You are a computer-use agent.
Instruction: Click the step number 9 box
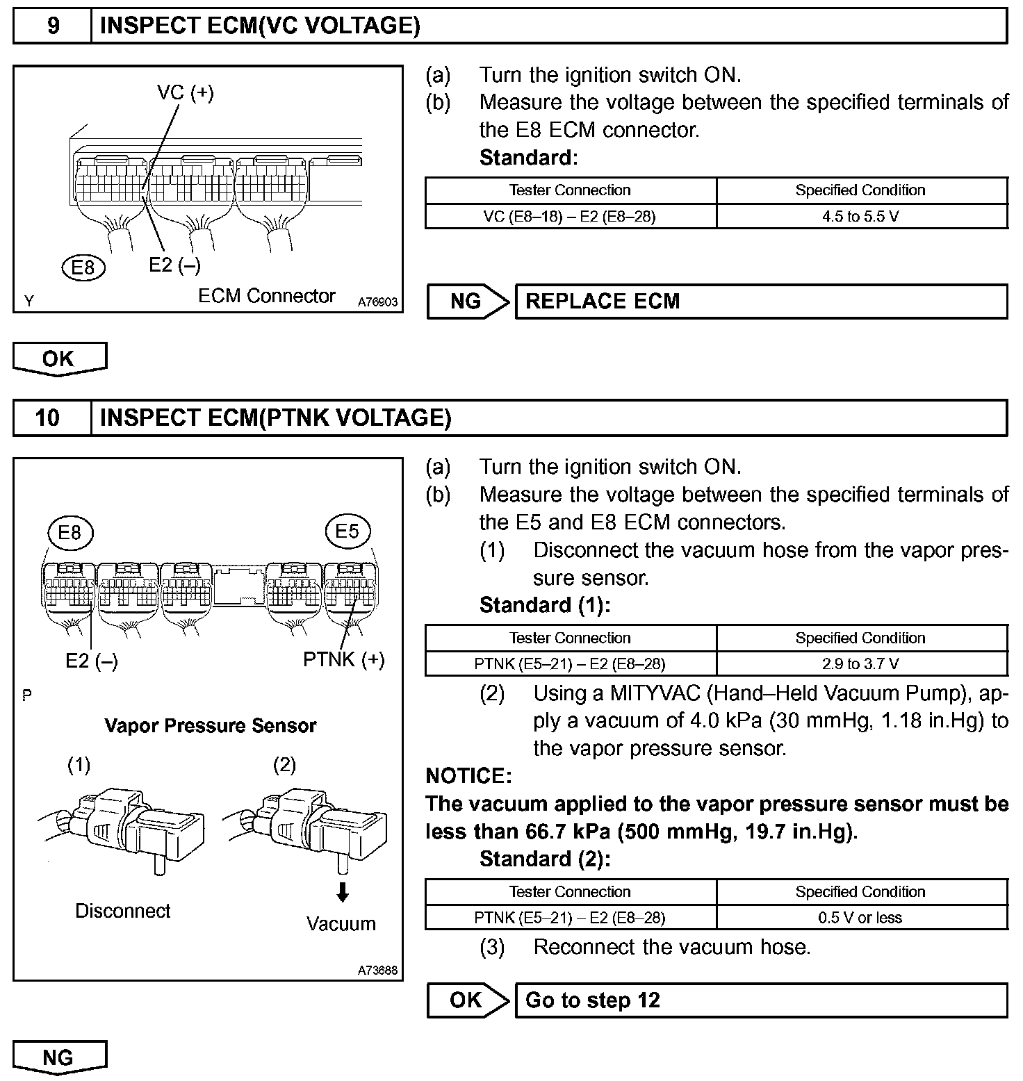pos(53,26)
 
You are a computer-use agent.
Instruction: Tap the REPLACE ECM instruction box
pos(761,302)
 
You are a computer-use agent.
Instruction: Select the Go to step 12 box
pos(761,1000)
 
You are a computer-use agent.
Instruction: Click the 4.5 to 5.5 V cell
pos(861,216)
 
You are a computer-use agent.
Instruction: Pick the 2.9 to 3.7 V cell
pos(861,663)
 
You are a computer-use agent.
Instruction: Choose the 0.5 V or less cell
pos(861,918)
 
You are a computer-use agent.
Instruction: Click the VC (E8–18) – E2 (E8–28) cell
pos(570,216)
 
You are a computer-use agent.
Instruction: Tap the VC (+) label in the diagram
pos(186,92)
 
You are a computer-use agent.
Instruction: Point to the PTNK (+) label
pos(344,659)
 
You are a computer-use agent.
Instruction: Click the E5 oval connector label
pos(347,532)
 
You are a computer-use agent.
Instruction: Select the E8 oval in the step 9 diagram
pos(83,267)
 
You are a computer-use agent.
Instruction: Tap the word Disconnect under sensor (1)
pos(123,911)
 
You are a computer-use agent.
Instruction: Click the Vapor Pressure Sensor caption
pos(211,726)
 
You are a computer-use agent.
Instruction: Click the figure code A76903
pos(378,302)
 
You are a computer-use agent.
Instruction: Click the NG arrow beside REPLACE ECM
pos(468,302)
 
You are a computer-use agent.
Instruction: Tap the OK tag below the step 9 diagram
pos(59,359)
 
